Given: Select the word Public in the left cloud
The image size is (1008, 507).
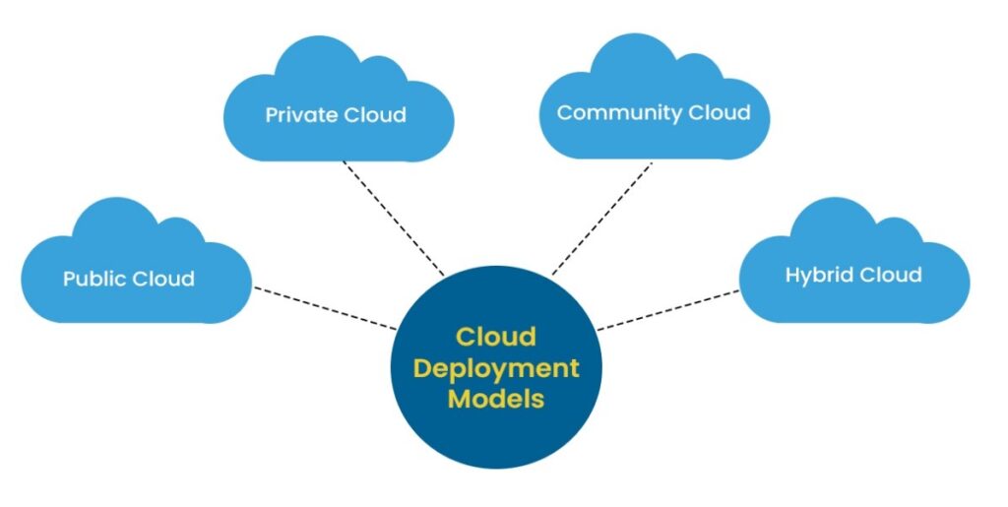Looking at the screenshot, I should [x=94, y=279].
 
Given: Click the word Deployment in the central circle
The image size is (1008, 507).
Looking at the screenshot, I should [x=495, y=368].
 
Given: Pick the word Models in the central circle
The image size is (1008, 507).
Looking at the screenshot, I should [x=495, y=399].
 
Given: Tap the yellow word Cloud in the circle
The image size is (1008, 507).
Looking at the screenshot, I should [x=495, y=337].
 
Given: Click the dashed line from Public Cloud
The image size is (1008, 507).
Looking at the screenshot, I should [x=325, y=307].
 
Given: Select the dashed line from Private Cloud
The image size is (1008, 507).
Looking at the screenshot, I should [x=394, y=219].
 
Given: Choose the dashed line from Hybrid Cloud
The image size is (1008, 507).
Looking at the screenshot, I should [x=669, y=309].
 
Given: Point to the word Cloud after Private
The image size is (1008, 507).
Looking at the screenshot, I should [x=374, y=115].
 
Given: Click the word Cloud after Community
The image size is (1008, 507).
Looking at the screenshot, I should [x=719, y=112].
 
